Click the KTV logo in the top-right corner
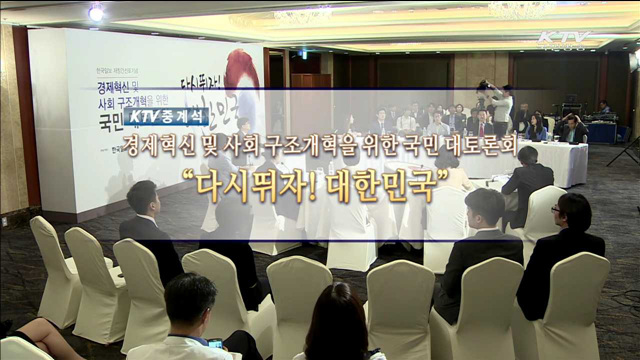click(565, 41)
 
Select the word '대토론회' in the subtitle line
click(479, 147)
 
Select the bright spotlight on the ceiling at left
click(96, 13)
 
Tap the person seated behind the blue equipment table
click(603, 107)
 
